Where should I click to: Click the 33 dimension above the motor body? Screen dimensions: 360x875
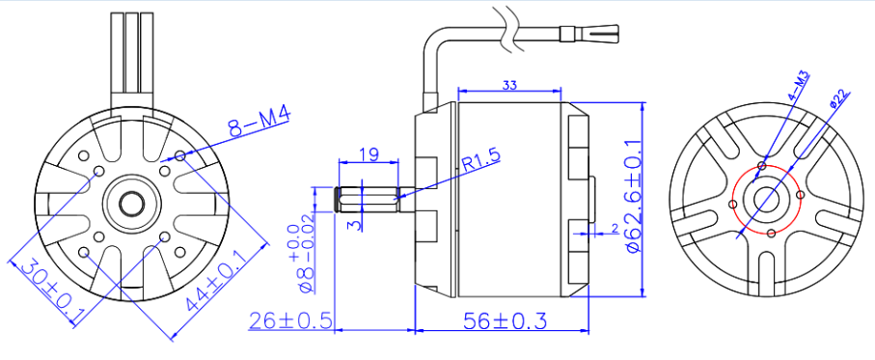click(x=508, y=86)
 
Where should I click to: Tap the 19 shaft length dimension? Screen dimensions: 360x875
click(x=368, y=153)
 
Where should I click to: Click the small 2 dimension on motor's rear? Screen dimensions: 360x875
click(x=614, y=229)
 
